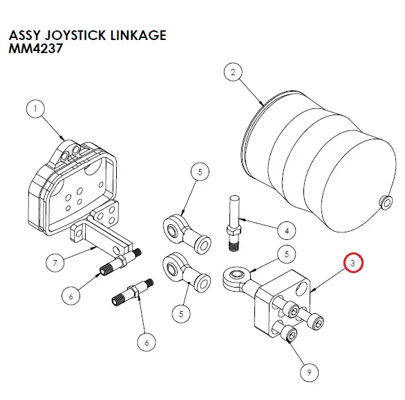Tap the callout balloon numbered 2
tap(233, 71)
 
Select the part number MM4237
tap(31, 50)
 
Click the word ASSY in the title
tap(23, 35)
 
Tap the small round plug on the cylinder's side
tap(382, 202)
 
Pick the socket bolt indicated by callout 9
tap(290, 336)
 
